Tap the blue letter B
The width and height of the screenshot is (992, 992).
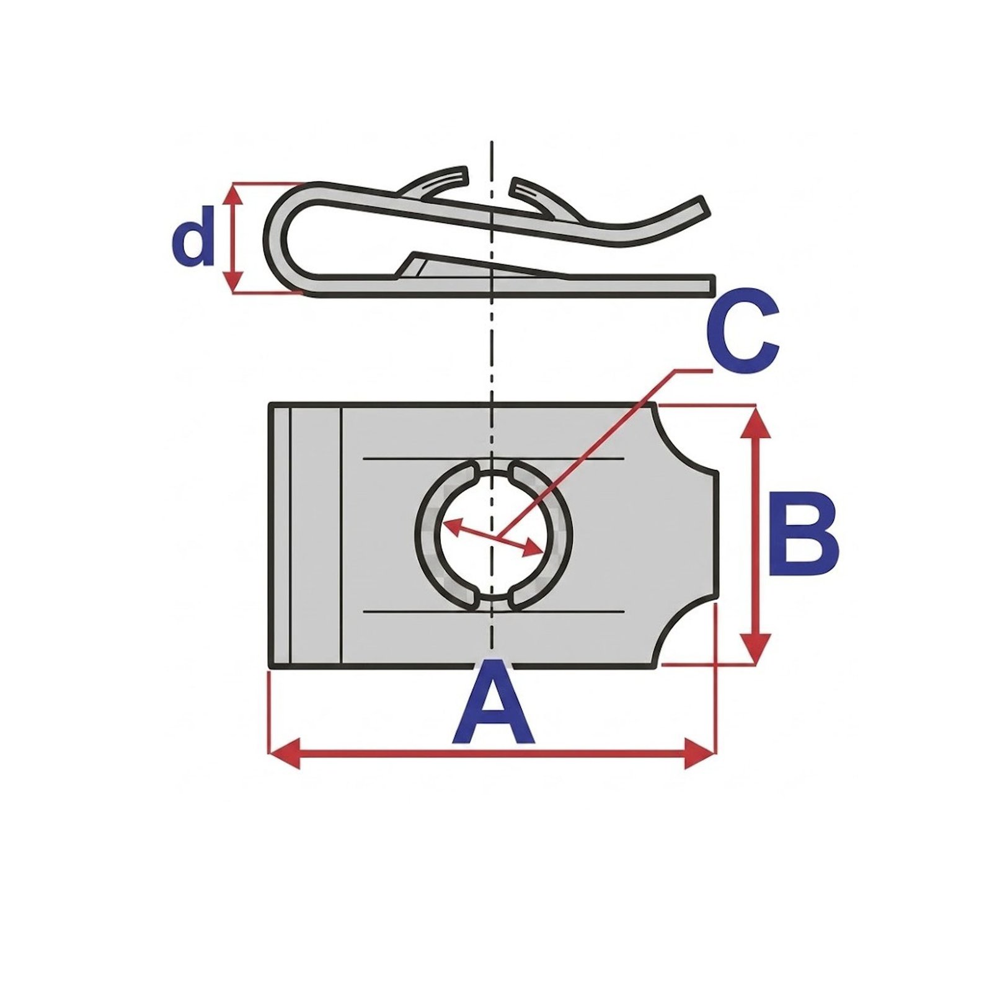pos(803,533)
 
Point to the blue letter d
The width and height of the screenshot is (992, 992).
pos(192,236)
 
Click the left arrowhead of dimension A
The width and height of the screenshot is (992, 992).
pos(285,753)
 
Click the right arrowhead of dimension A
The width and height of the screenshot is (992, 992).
pos(699,753)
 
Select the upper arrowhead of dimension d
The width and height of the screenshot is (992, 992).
pos(234,194)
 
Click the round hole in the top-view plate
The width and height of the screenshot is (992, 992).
pos(494,535)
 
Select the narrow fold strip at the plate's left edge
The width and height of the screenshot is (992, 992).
pos(305,536)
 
